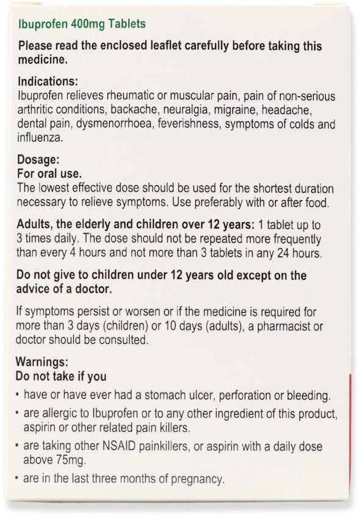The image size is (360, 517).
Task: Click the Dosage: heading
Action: click(38, 160)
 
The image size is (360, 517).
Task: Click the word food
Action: click(317, 202)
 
